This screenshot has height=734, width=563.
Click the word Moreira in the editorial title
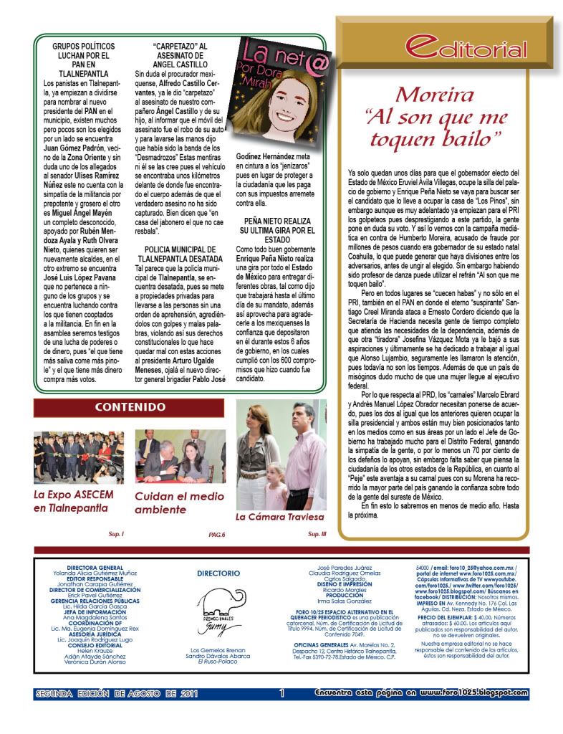coord(435,95)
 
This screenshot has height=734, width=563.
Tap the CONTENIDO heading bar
coord(130,408)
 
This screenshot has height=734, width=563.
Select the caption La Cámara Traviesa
coord(280,516)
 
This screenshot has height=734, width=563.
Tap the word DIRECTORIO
coord(218,573)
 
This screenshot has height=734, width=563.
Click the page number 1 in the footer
coord(282,693)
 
